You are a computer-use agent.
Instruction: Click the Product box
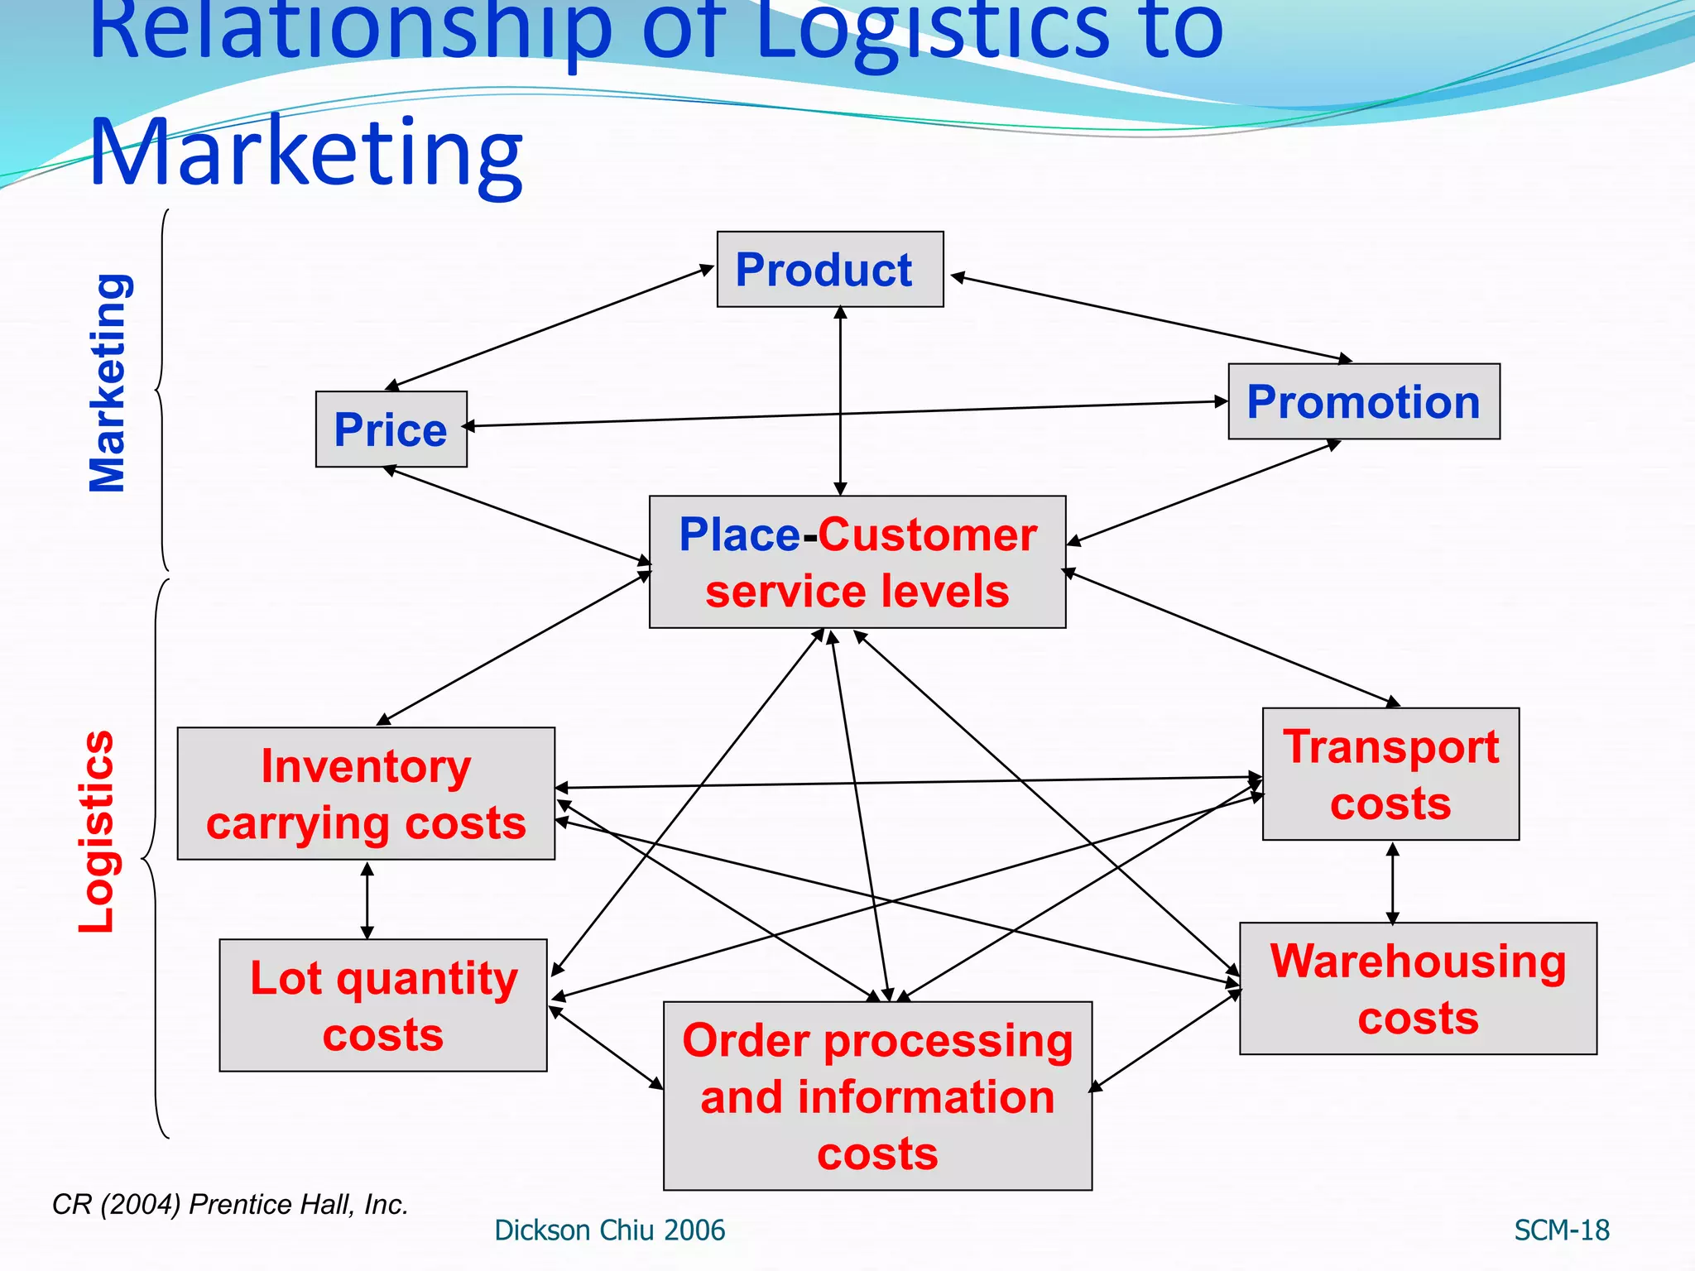click(829, 270)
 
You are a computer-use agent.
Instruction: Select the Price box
click(391, 429)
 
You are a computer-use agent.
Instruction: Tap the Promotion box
click(1363, 402)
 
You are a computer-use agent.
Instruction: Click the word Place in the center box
click(739, 535)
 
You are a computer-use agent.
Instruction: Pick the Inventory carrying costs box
click(366, 794)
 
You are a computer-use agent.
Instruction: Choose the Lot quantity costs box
click(382, 1005)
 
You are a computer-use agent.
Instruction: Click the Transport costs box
click(1390, 775)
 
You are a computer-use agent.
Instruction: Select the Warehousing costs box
click(1418, 989)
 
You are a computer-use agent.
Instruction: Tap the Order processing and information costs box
click(877, 1096)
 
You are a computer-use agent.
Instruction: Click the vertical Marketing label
click(108, 382)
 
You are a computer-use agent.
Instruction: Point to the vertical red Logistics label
click(97, 832)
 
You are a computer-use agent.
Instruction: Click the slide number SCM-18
click(1561, 1230)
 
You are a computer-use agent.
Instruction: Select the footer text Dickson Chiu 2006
click(609, 1230)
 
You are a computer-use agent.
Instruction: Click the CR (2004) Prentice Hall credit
click(230, 1205)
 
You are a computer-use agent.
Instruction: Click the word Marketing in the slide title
click(306, 153)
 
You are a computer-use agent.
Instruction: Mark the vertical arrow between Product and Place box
click(840, 401)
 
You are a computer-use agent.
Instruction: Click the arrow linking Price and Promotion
click(844, 414)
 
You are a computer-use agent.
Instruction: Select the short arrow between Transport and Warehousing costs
click(1392, 882)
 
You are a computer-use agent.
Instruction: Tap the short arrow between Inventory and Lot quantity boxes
click(367, 900)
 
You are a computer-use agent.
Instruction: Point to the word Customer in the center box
click(927, 535)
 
